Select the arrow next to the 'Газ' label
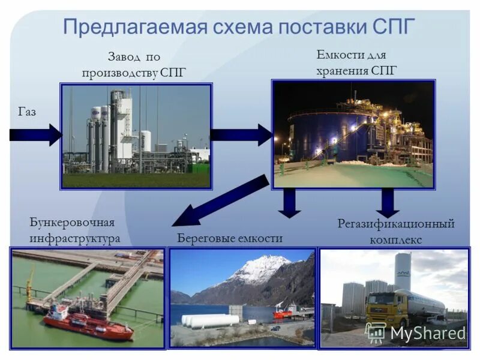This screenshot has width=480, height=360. [x=36, y=135]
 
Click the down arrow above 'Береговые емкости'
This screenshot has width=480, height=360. [x=290, y=202]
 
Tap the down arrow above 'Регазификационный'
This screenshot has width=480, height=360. [x=388, y=203]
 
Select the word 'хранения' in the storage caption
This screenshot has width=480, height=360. [x=343, y=71]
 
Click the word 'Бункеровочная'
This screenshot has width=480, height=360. [x=71, y=223]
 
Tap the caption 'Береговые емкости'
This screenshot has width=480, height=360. [x=230, y=238]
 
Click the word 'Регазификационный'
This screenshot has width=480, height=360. [x=396, y=224]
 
